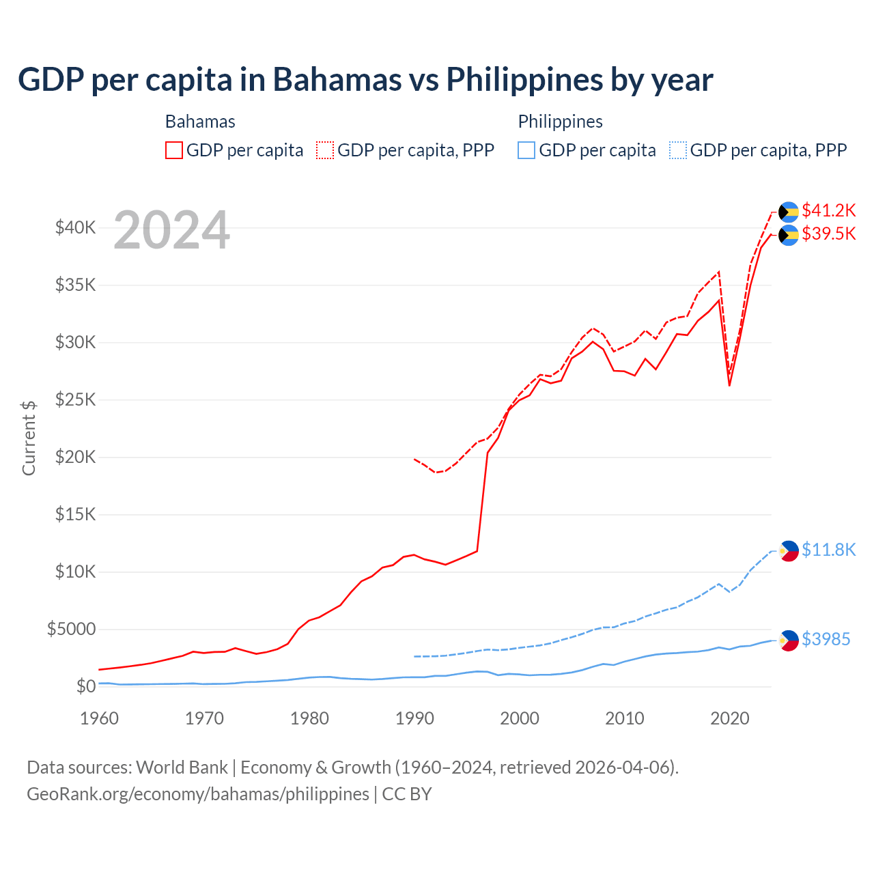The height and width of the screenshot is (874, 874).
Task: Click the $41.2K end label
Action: tap(828, 210)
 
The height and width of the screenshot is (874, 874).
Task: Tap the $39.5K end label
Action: tap(828, 234)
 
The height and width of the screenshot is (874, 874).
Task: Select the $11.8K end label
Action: tap(828, 550)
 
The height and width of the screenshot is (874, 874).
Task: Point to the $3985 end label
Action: tap(826, 640)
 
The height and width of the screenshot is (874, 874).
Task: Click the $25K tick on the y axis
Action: tap(75, 400)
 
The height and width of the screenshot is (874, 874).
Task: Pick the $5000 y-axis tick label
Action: tap(71, 630)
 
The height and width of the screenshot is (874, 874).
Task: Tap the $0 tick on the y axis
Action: tap(85, 687)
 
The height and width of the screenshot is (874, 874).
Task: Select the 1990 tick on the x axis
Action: tap(414, 719)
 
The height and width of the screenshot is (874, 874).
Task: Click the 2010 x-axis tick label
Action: tap(625, 719)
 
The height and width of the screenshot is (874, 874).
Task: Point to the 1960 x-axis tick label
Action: tap(100, 719)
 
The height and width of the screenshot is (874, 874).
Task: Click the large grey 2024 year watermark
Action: tap(171, 231)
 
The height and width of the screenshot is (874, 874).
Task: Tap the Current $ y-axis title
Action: tap(29, 438)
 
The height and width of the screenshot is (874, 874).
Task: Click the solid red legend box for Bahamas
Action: tap(174, 150)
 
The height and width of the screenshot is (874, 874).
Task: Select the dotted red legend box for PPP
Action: tap(325, 150)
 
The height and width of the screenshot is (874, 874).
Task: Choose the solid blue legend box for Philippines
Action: tap(526, 150)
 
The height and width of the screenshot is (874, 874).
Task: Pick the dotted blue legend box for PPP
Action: tap(678, 150)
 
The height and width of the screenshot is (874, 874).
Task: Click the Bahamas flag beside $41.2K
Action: tap(789, 212)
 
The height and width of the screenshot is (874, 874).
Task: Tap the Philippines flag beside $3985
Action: tap(789, 640)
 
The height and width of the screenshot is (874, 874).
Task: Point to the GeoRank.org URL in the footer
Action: tap(198, 794)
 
